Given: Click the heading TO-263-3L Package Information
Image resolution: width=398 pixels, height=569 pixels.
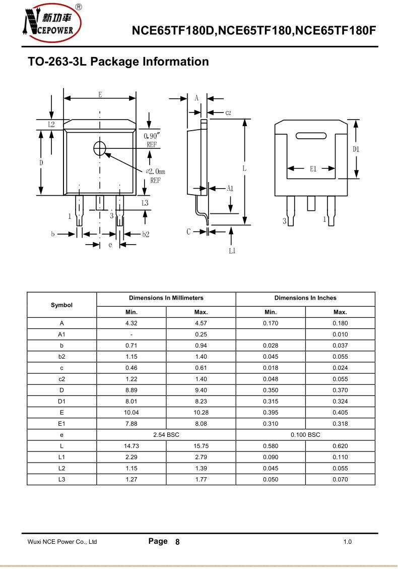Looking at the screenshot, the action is pyautogui.click(x=118, y=62).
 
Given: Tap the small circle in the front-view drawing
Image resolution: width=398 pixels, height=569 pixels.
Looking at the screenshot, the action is pyautogui.click(x=100, y=148).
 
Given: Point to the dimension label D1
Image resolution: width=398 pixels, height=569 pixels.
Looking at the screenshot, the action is pyautogui.click(x=356, y=149).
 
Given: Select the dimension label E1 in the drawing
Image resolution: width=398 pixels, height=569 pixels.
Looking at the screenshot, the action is pyautogui.click(x=313, y=169).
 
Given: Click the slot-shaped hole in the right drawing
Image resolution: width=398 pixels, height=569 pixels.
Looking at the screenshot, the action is pyautogui.click(x=311, y=136).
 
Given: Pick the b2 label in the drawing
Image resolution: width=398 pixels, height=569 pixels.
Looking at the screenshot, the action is pyautogui.click(x=146, y=235).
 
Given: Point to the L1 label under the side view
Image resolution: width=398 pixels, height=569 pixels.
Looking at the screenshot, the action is pyautogui.click(x=232, y=251).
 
